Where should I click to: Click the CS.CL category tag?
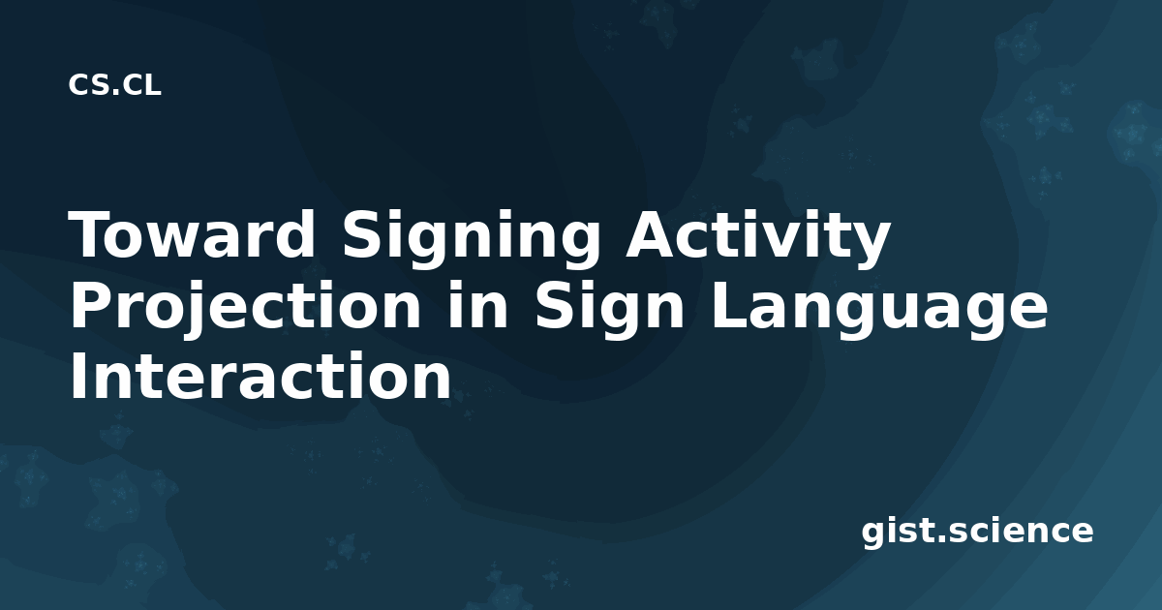[x=114, y=85]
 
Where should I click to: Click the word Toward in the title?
[x=192, y=234]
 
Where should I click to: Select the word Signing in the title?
[x=471, y=238]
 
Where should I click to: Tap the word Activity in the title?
[x=758, y=237]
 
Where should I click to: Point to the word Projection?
[x=246, y=309]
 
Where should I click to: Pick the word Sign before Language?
[x=609, y=309]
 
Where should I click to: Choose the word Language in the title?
[x=880, y=310]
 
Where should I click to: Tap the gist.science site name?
[x=977, y=532]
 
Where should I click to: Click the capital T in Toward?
[x=93, y=234]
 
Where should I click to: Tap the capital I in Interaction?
[x=77, y=375]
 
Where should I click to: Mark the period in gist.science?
[x=940, y=539]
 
